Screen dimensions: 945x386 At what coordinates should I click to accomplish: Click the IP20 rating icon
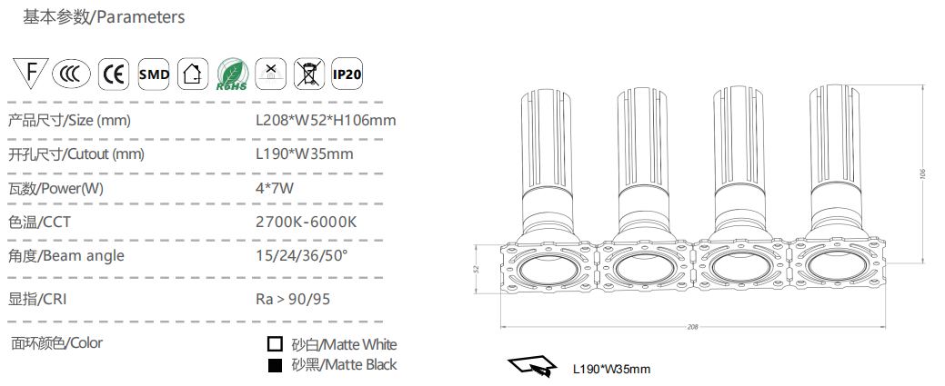[x=347, y=74]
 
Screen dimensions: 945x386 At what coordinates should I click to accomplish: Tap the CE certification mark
[x=114, y=74]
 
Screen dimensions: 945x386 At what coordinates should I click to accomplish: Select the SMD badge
[x=154, y=74]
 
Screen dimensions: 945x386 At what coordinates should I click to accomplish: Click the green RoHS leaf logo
[x=232, y=74]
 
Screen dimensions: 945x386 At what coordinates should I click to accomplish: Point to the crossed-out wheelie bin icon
[x=309, y=74]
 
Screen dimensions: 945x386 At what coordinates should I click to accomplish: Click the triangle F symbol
[x=30, y=72]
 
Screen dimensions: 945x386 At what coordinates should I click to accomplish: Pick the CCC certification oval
[x=71, y=74]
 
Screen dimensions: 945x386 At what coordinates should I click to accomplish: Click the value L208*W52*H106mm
[x=326, y=121]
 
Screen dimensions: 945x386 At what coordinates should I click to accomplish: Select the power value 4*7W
[x=275, y=189]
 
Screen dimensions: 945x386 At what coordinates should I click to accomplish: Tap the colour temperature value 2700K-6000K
[x=307, y=223]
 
